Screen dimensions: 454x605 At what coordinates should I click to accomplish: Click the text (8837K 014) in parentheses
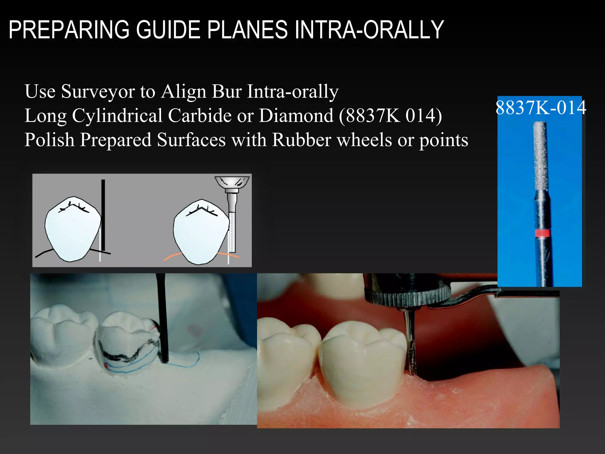(x=390, y=116)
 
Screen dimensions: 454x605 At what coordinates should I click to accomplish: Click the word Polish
(x=49, y=140)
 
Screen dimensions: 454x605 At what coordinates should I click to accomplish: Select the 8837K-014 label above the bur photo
(x=540, y=108)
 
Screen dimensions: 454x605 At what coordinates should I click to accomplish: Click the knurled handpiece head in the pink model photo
(x=408, y=296)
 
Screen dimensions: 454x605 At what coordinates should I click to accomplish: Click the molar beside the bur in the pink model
(x=362, y=364)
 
